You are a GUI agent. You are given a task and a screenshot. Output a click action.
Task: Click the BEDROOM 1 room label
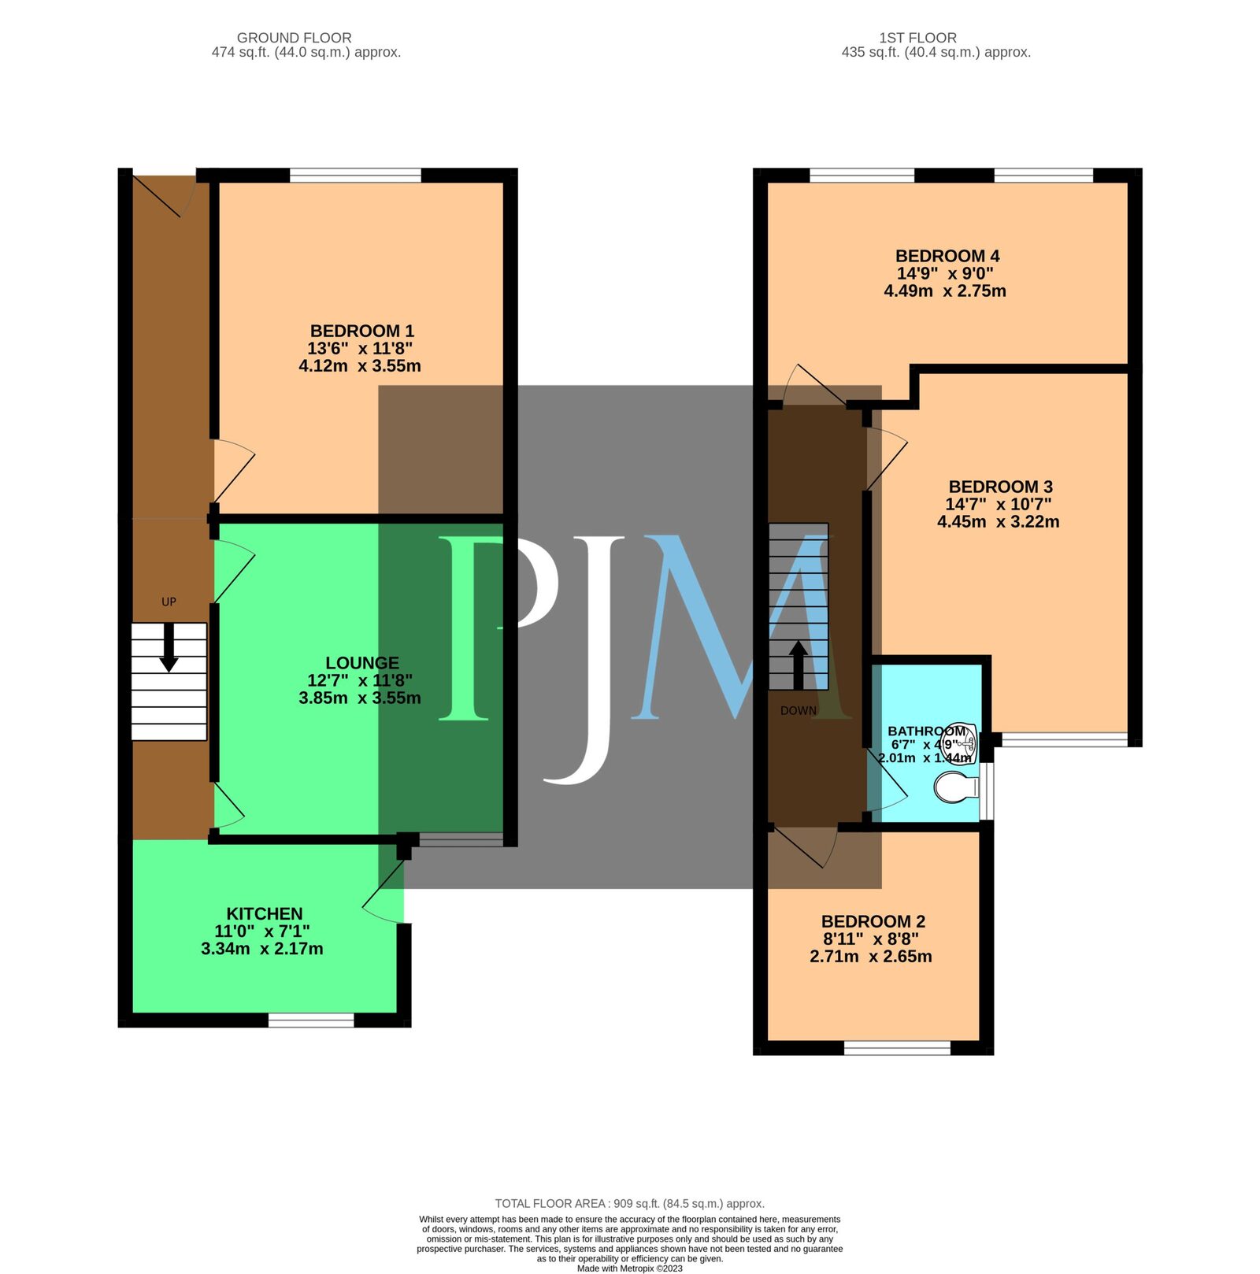pyautogui.click(x=361, y=331)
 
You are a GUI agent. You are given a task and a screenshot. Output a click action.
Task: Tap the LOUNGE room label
pyautogui.click(x=362, y=663)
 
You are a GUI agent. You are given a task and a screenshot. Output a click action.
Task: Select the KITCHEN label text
pyautogui.click(x=265, y=913)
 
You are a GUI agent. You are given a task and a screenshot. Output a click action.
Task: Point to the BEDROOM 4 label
pyautogui.click(x=947, y=256)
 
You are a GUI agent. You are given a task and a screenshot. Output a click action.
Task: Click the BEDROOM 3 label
pyautogui.click(x=1000, y=487)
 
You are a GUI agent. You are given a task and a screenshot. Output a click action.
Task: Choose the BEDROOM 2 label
pyautogui.click(x=873, y=921)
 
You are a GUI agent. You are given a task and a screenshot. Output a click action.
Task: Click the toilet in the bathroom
pyautogui.click(x=954, y=787)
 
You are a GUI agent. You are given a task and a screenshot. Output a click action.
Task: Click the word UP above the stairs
pyautogui.click(x=169, y=602)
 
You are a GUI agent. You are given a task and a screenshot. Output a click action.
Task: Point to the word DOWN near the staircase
pyautogui.click(x=798, y=710)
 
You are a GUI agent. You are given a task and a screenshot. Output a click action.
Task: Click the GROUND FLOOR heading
pyautogui.click(x=295, y=38)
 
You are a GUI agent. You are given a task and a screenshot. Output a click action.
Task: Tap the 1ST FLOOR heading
pyautogui.click(x=917, y=38)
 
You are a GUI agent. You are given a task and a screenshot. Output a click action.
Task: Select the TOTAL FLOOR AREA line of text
pyautogui.click(x=629, y=1203)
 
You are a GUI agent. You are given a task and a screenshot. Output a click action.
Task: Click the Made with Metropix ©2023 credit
pyautogui.click(x=629, y=1268)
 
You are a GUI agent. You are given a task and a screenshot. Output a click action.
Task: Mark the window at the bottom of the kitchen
pyautogui.click(x=311, y=1020)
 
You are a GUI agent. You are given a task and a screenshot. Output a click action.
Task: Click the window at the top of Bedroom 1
pyautogui.click(x=355, y=175)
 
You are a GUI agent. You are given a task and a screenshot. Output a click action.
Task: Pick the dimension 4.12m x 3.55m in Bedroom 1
pyautogui.click(x=360, y=366)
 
